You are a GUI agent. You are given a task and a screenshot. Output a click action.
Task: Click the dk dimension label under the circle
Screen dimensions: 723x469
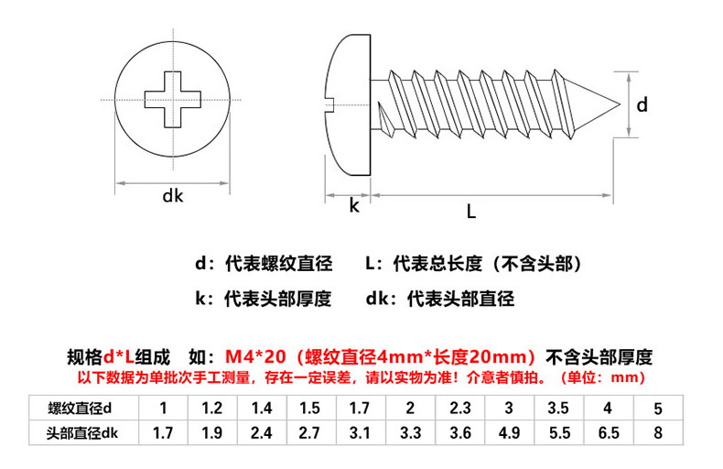point(172,195)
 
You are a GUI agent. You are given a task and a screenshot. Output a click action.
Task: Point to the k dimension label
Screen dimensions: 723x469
point(353,206)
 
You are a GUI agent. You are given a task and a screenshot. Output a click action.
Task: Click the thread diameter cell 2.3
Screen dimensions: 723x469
point(459,408)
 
